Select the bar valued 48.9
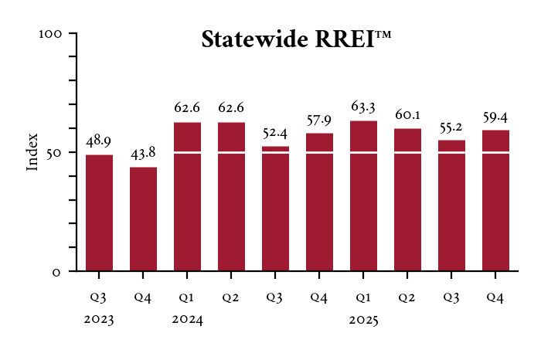[x=99, y=212]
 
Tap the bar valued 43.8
[x=143, y=219]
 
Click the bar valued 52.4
[x=275, y=209]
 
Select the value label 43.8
[x=143, y=155]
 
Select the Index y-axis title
[x=32, y=152]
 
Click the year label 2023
[x=99, y=320]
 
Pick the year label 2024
[x=187, y=320]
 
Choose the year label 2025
[x=363, y=320]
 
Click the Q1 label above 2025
[x=363, y=297]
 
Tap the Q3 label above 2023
[x=99, y=297]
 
